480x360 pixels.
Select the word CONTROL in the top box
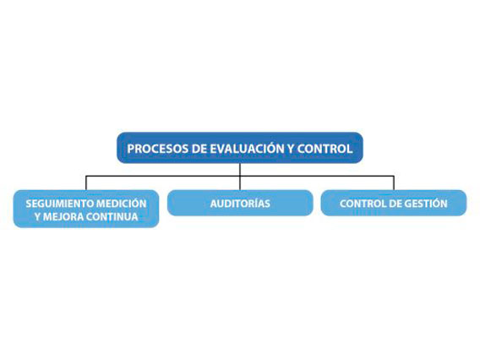[325, 149]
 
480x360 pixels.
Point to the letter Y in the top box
[290, 149]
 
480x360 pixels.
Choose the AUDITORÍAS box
[240, 203]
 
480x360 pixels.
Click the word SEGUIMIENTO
[60, 204]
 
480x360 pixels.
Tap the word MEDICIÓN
[122, 203]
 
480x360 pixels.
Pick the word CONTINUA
[112, 216]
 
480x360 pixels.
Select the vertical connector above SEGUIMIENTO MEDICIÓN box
[86, 183]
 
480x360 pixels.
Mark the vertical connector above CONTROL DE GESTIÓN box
[394, 183]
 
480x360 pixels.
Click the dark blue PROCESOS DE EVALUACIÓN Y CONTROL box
[240, 148]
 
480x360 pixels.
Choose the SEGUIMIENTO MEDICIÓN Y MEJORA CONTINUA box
[86, 209]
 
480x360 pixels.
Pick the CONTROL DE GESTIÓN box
[394, 203]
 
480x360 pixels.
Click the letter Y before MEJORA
[38, 216]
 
